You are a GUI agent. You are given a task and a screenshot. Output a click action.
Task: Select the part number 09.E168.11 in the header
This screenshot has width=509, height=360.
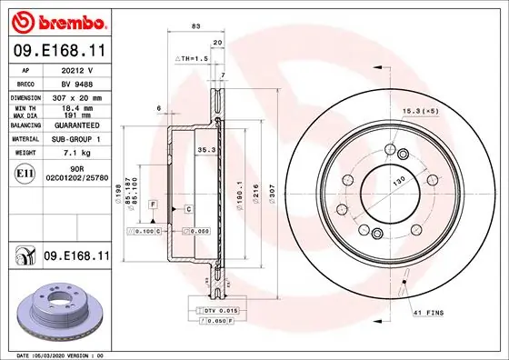pyautogui.click(x=58, y=52)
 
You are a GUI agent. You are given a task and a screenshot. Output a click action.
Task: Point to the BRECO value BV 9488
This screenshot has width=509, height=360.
pyautogui.click(x=74, y=83)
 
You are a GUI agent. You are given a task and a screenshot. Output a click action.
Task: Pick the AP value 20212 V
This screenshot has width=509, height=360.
pyautogui.click(x=74, y=69)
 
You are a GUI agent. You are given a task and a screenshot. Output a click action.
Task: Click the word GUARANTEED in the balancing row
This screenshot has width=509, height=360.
pyautogui.click(x=74, y=125)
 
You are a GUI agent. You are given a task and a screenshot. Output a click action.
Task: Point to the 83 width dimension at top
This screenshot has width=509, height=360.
pyautogui.click(x=195, y=26)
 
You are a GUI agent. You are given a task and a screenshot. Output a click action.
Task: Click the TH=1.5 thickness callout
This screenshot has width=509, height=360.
pyautogui.click(x=192, y=57)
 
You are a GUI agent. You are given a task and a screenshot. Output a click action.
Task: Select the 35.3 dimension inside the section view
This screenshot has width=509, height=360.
pyautogui.click(x=205, y=149)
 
